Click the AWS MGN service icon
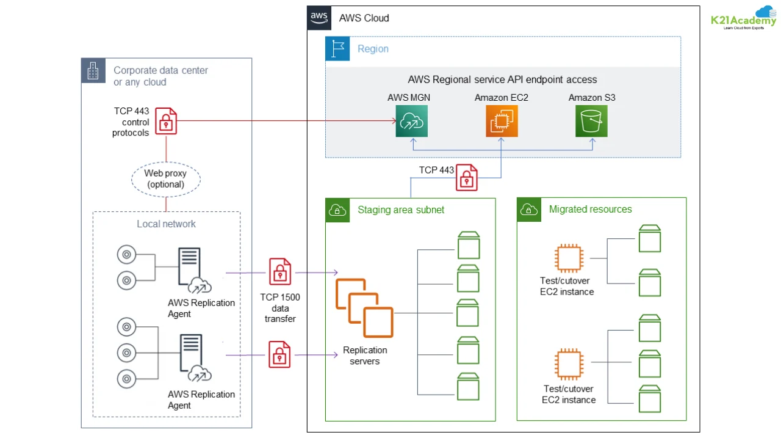pos(411,120)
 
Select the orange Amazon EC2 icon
pos(502,120)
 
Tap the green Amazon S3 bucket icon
pos(591,120)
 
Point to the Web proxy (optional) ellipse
pos(166,178)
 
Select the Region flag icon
pos(337,49)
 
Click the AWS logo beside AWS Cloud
pos(319,18)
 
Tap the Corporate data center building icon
pos(93,71)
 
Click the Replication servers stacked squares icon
pos(364,308)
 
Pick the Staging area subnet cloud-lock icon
pos(337,210)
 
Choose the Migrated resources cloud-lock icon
pos(529,210)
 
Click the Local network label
pos(166,224)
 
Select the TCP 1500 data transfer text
pos(280,308)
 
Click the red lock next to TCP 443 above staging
pos(467,177)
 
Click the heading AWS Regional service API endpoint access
pos(502,79)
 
